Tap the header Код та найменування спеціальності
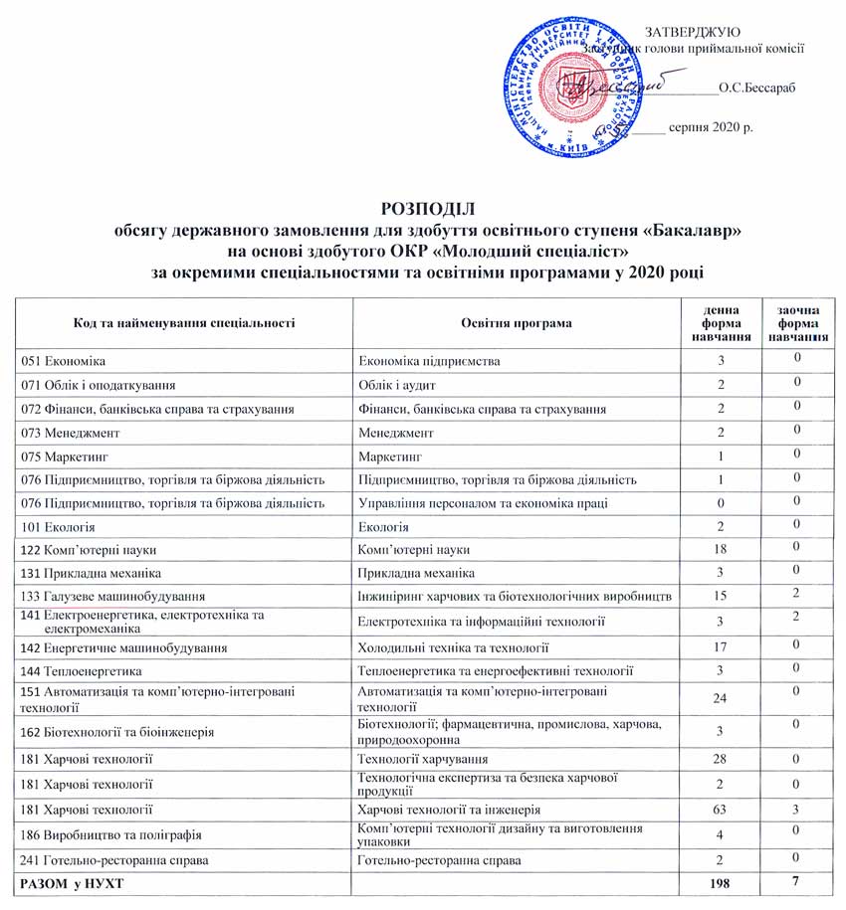click(186, 324)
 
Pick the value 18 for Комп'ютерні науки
click(711, 549)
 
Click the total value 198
click(711, 883)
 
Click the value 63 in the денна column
click(711, 810)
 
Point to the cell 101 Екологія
click(59, 525)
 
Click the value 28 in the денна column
click(711, 761)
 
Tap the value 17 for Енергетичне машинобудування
click(711, 647)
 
